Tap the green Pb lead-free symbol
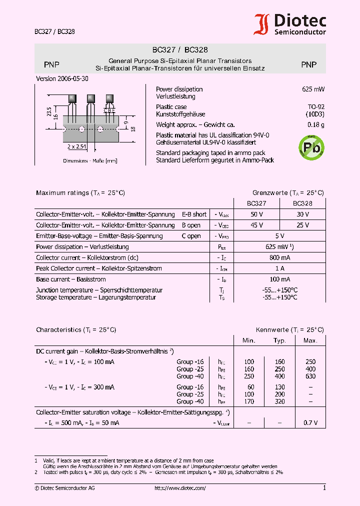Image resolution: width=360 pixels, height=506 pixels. (x=311, y=147)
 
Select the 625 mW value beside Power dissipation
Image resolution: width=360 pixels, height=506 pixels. (x=313, y=89)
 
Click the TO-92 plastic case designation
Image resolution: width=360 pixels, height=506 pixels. (x=315, y=106)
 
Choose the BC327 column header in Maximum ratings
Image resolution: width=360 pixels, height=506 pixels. (x=256, y=203)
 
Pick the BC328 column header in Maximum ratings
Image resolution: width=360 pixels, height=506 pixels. (x=302, y=203)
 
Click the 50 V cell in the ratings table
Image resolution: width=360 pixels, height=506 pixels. (x=256, y=214)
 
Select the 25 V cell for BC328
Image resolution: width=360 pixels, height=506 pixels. (x=302, y=225)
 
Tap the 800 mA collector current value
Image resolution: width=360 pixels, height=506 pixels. (x=279, y=257)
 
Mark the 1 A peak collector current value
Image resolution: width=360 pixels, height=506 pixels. (x=279, y=268)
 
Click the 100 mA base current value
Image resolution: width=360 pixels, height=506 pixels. (x=279, y=279)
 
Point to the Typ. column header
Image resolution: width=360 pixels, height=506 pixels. (x=279, y=340)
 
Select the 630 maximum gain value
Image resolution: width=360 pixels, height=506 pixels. (x=310, y=376)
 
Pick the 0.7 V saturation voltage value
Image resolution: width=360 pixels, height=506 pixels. (x=310, y=423)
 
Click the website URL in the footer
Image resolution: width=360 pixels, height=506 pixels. (x=180, y=488)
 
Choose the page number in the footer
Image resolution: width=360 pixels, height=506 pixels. (x=324, y=488)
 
